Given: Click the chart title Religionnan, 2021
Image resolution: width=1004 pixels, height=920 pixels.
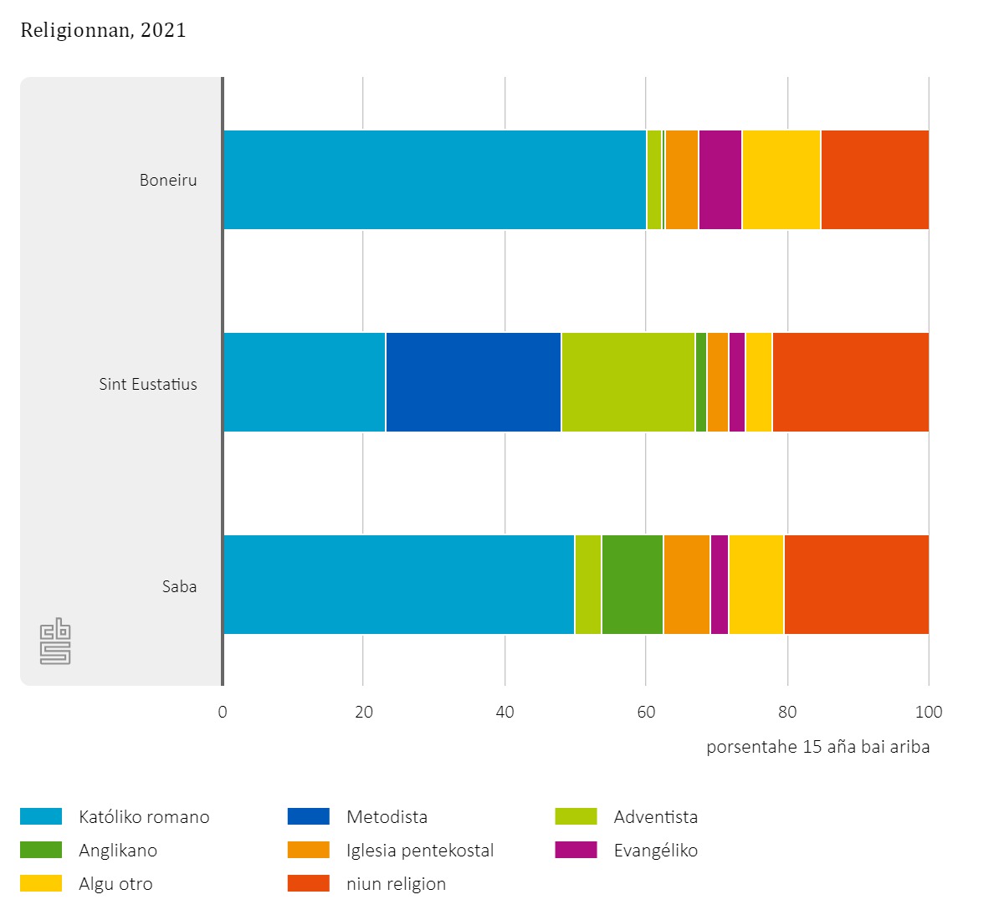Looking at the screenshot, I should click(103, 31).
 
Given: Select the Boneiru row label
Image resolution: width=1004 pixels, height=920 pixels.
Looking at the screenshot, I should click(168, 180).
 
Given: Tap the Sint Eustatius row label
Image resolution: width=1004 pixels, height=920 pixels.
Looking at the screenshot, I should click(148, 384).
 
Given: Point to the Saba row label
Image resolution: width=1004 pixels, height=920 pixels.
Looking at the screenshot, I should click(179, 586).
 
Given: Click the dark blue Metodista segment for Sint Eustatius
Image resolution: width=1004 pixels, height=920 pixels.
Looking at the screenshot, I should click(473, 382).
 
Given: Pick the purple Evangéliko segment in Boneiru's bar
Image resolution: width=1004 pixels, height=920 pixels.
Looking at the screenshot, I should click(720, 180).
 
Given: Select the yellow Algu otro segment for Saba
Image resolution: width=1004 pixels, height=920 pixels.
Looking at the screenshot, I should click(756, 585).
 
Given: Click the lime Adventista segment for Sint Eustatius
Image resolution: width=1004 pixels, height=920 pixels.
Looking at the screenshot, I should click(627, 382).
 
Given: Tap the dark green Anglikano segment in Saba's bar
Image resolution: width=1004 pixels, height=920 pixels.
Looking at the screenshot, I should click(632, 585).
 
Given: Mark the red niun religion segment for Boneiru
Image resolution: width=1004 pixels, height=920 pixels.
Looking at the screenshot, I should click(874, 180).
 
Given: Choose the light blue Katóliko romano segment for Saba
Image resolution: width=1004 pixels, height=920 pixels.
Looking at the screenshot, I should click(399, 585).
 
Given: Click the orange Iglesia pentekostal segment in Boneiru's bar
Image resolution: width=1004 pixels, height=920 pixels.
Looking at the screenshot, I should click(682, 180).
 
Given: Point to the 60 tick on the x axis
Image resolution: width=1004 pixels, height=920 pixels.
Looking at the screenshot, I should click(646, 712).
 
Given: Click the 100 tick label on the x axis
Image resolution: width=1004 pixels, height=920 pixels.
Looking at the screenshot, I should click(929, 712).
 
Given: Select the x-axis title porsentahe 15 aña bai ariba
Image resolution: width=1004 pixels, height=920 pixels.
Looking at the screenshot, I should click(817, 747).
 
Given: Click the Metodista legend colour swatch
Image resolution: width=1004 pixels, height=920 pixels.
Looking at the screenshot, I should click(309, 816).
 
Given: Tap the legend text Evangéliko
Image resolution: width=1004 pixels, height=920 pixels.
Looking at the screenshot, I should click(655, 851).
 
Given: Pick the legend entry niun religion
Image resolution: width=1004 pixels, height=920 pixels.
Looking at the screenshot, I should click(396, 884).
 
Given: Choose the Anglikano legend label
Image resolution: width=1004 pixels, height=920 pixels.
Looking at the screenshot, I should click(118, 851).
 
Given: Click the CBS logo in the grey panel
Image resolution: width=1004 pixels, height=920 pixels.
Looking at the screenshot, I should click(55, 641).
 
